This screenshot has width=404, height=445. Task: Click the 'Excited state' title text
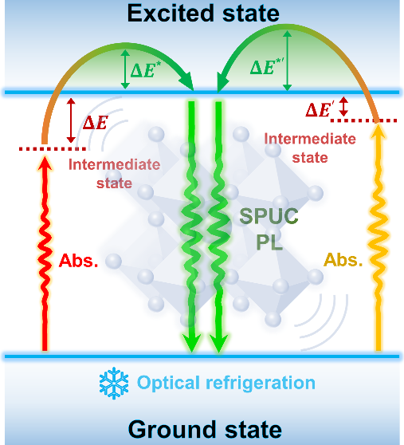pos(203,14)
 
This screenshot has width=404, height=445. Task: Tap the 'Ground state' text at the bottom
pos(205,429)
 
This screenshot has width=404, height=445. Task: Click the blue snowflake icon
pos(114,383)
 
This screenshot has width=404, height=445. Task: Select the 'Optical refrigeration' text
pos(226,383)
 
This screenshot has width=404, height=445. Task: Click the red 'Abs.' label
pos(78,260)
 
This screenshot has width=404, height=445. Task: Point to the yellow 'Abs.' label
pos(343,259)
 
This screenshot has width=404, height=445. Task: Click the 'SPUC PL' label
pos(269,228)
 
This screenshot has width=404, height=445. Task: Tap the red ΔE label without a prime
pos(96,123)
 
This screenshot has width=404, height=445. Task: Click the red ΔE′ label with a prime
pos(318,109)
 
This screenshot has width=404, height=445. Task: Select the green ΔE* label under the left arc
pos(146,69)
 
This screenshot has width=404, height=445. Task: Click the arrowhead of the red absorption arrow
pos(45,163)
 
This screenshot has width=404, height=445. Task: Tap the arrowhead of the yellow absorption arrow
pos(379,132)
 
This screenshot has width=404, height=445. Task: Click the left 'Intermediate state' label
pos(114,174)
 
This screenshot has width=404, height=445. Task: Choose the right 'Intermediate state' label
pos(310,148)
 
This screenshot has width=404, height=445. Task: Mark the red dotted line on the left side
pos(53,148)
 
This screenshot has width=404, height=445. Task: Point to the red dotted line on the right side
pos(363,120)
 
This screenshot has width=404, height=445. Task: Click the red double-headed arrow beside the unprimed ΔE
pos(71,120)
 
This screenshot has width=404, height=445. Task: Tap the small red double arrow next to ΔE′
pos(343,106)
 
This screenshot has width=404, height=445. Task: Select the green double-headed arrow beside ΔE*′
pos(287,61)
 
